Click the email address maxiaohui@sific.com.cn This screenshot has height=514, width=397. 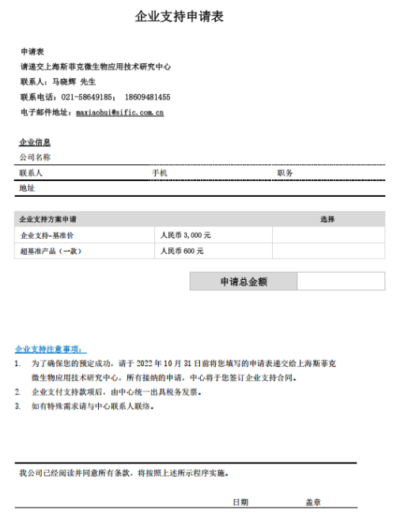pos(119,113)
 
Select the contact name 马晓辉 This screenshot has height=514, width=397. pos(65,81)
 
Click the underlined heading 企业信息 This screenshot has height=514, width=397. pos(35,142)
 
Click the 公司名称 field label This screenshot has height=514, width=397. pos(35,157)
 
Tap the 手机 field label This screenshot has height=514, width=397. pos(159,172)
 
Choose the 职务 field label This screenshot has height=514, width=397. pos(285,172)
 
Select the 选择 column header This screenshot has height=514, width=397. pos(327,219)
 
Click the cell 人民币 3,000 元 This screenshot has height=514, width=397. pos(185,235)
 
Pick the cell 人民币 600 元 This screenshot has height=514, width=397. pos(182,251)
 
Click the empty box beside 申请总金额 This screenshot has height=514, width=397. pos(340,281)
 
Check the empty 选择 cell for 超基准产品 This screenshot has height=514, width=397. pos(328,251)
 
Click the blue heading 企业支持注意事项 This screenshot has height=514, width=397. pos(51,349)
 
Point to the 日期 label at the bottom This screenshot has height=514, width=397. pos(240,502)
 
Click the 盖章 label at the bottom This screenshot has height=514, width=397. pos(314,502)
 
